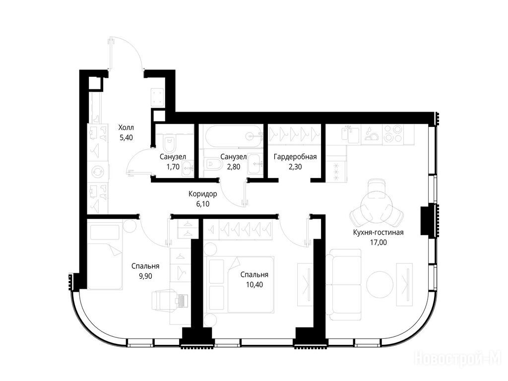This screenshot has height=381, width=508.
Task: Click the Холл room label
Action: [126, 127]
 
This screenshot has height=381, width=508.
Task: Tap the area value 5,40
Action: [127, 138]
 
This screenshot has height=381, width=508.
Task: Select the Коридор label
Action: [203, 194]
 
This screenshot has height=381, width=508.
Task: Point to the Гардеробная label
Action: [295, 157]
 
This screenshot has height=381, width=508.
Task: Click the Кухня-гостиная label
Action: [379, 232]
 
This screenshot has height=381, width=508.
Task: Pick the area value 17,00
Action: [379, 242]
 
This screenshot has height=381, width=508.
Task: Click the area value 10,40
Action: [254, 285]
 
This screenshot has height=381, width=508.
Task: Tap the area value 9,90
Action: [145, 276]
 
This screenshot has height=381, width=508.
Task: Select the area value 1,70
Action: [173, 167]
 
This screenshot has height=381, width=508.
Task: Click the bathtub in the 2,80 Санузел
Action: [233, 137]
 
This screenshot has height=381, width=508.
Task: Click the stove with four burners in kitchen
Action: [392, 134]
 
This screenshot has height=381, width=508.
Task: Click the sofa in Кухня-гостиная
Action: [343, 285]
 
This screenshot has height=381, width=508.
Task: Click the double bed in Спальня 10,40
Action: [242, 285]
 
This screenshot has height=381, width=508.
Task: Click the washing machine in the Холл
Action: [98, 172]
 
